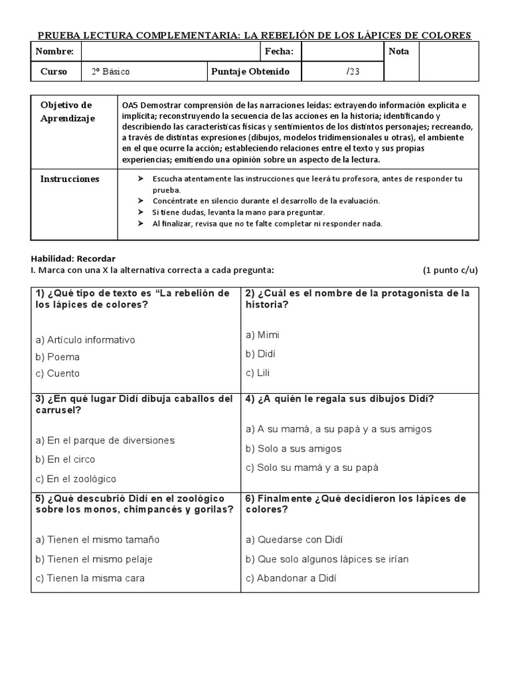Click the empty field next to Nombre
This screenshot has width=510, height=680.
tap(170, 52)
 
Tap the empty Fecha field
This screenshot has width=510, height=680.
tap(341, 52)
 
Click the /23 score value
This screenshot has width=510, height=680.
tap(353, 72)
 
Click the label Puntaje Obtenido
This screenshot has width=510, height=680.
tap(250, 72)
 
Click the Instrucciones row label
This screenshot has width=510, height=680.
tap(70, 179)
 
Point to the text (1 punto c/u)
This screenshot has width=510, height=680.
tap(450, 270)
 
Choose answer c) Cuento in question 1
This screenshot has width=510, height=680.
tap(58, 373)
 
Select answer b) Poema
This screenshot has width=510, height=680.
tap(58, 357)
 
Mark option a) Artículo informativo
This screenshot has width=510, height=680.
tap(86, 340)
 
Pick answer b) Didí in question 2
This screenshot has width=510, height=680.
tap(260, 353)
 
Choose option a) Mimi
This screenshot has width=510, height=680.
tap(262, 335)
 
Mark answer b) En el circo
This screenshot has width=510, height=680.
tap(66, 459)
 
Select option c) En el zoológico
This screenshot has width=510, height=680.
tap(76, 478)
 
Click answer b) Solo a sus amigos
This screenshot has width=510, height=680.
tap(294, 448)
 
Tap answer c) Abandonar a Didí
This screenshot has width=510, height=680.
tap(291, 578)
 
